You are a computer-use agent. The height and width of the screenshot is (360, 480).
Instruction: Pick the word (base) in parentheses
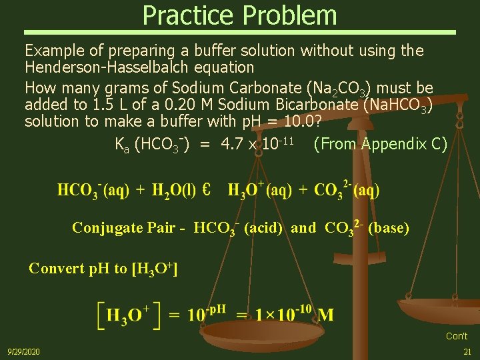tap(389, 228)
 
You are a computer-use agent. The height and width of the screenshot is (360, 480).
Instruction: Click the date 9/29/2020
tap(23, 351)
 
